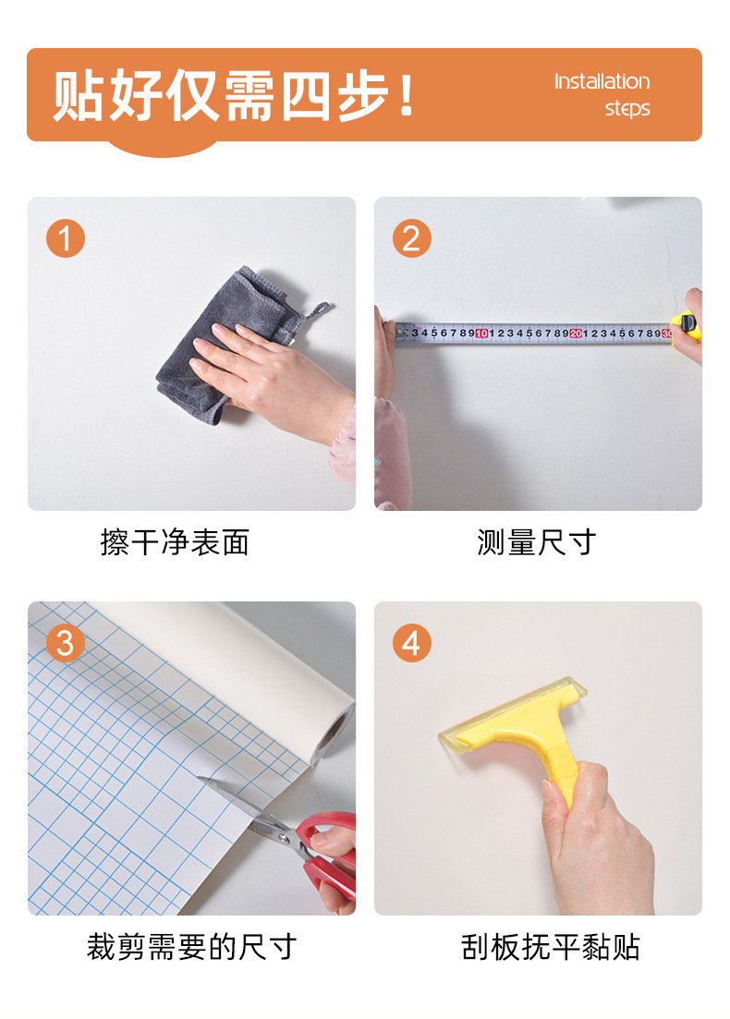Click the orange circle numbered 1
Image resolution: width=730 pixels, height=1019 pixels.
(65, 237)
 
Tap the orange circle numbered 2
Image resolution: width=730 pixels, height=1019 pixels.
(411, 237)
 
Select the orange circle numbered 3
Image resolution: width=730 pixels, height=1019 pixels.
(65, 643)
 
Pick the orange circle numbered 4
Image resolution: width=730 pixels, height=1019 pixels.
(411, 643)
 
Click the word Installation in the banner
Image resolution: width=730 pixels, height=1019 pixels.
(602, 81)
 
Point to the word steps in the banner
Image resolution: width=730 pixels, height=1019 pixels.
(627, 108)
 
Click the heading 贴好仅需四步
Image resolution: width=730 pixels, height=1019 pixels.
(233, 95)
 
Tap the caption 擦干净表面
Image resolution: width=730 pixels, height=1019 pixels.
(175, 542)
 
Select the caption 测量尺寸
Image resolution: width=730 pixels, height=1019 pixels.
(536, 542)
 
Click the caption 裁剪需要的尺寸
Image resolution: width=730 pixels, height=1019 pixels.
(192, 947)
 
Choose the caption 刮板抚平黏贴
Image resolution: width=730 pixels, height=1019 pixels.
(551, 947)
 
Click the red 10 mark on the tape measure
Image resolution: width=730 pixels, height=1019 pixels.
(481, 334)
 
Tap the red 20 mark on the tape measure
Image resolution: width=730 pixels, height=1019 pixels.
(576, 334)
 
